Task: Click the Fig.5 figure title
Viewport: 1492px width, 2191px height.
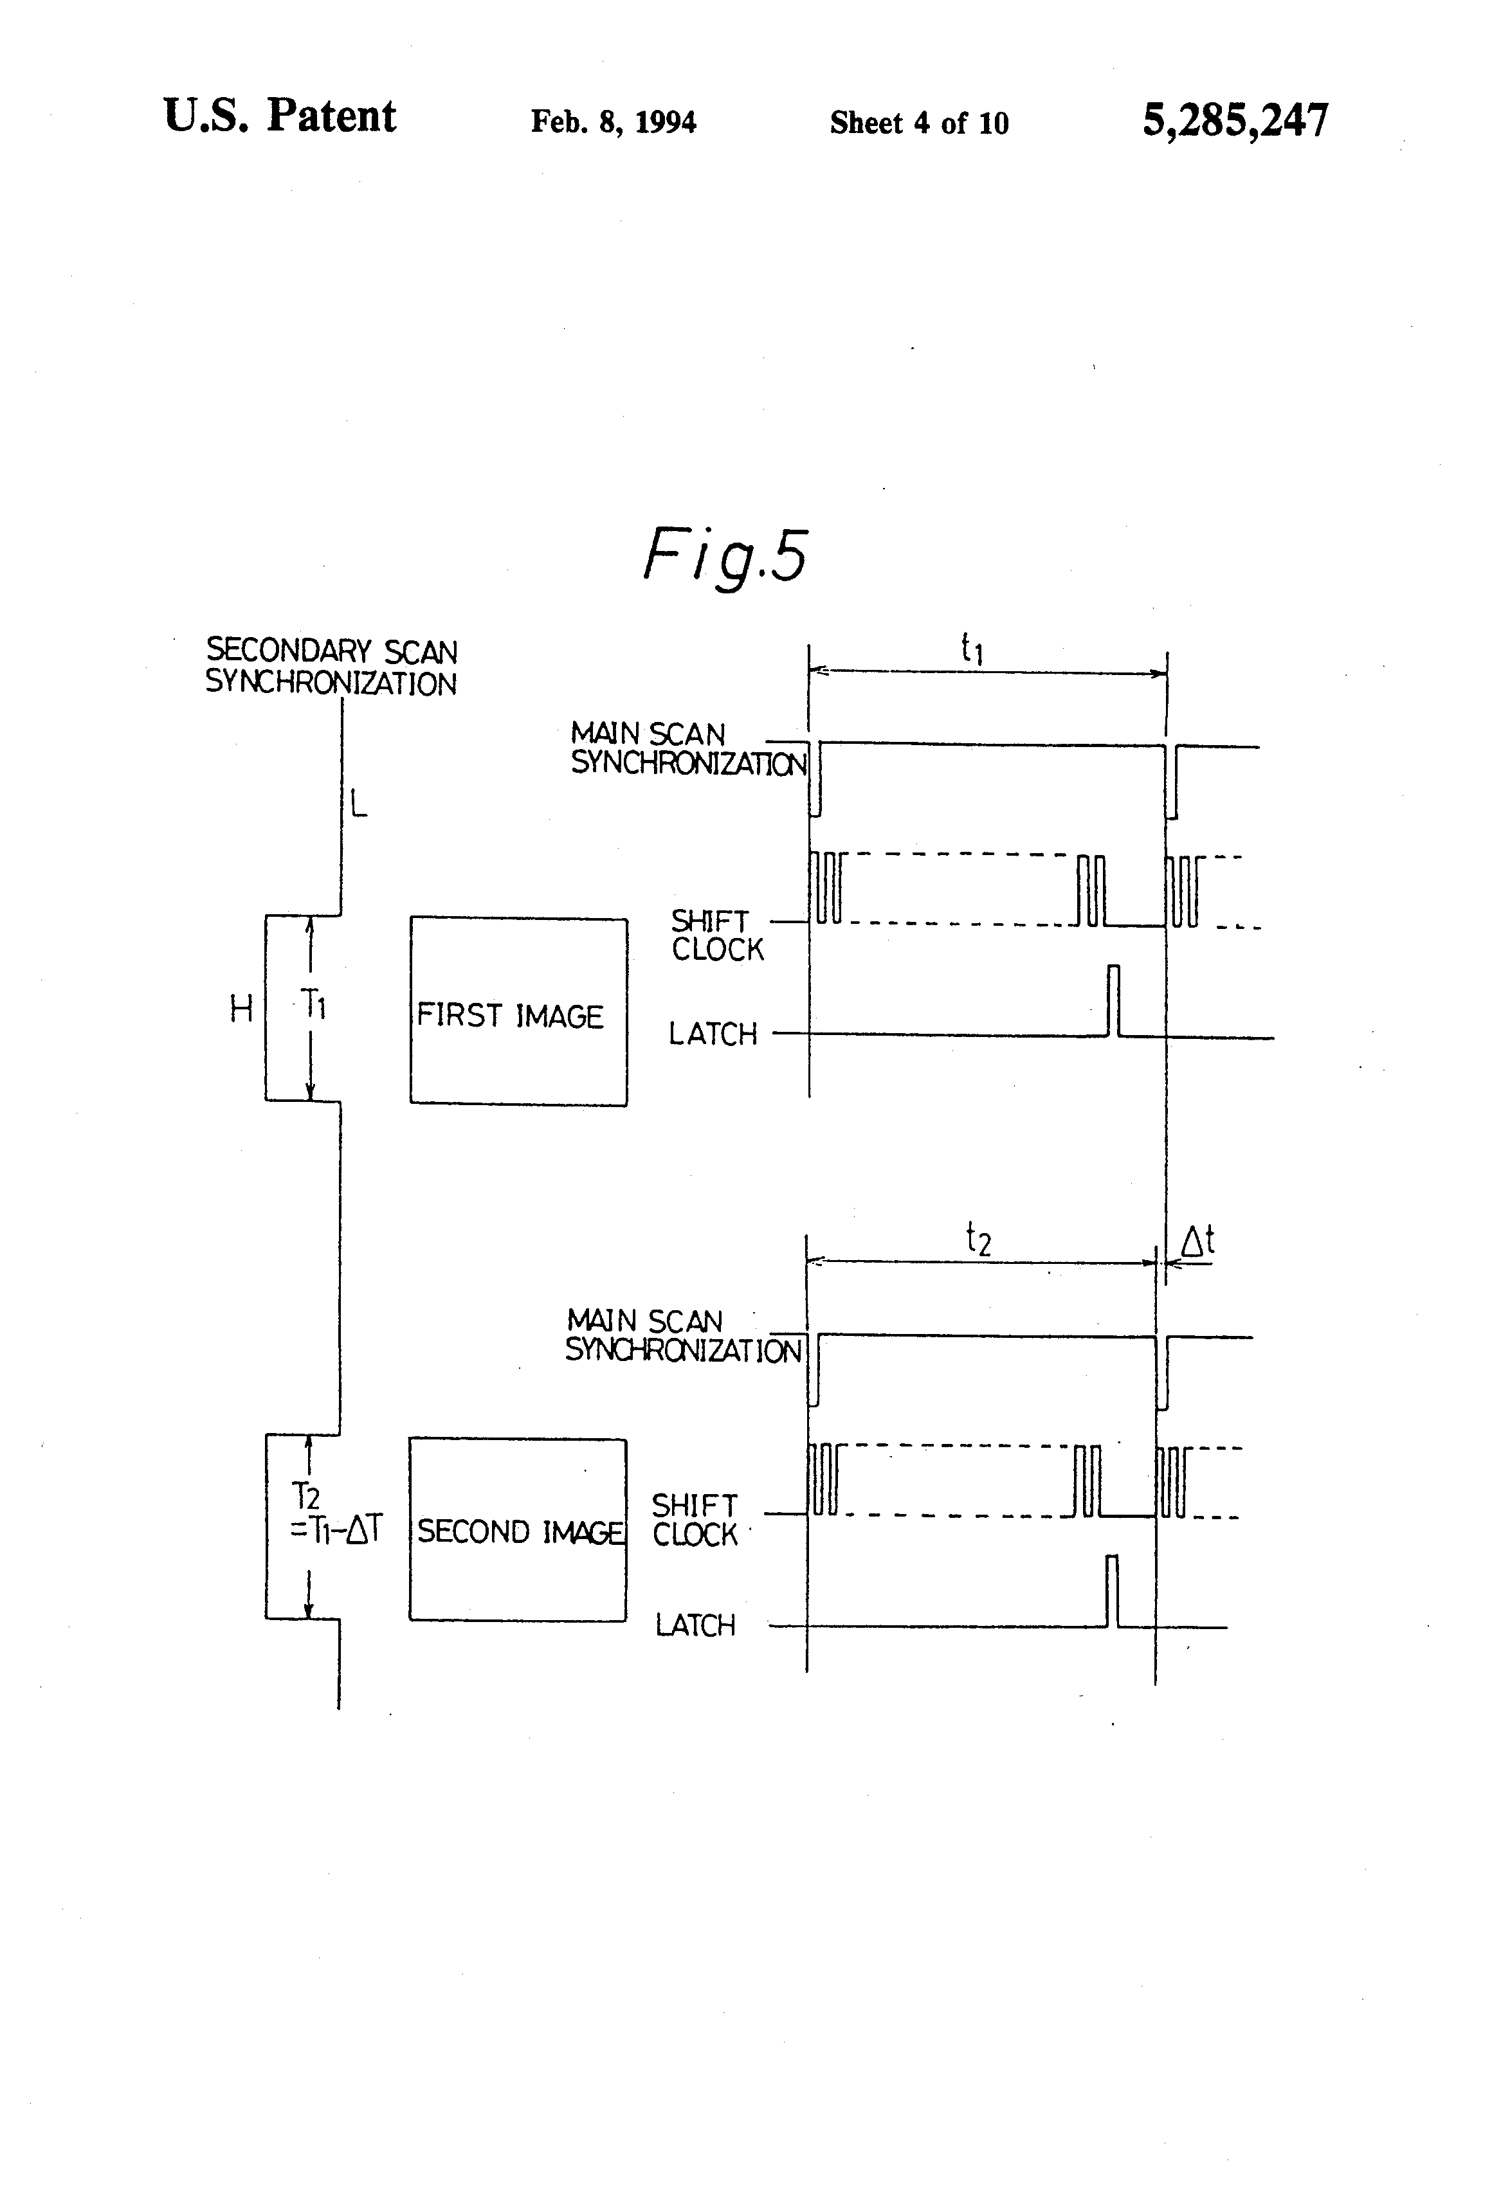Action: click(724, 556)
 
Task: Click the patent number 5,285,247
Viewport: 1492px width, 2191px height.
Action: click(1235, 121)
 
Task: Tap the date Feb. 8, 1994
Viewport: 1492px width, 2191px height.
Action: click(613, 122)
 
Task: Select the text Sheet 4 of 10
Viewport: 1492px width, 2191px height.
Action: click(918, 123)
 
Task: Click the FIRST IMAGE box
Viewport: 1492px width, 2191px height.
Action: click(518, 1011)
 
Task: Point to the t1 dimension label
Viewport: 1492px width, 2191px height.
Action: click(971, 649)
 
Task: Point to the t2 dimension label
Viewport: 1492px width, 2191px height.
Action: click(978, 1239)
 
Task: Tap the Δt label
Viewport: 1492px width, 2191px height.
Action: click(1197, 1241)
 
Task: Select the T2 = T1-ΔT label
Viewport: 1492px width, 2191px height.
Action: click(335, 1513)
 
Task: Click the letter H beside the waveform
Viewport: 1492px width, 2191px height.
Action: click(241, 1010)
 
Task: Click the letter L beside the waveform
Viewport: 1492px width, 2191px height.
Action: click(358, 804)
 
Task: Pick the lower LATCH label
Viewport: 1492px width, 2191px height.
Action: click(695, 1625)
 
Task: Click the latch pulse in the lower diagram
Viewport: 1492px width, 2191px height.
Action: click(1112, 1591)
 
